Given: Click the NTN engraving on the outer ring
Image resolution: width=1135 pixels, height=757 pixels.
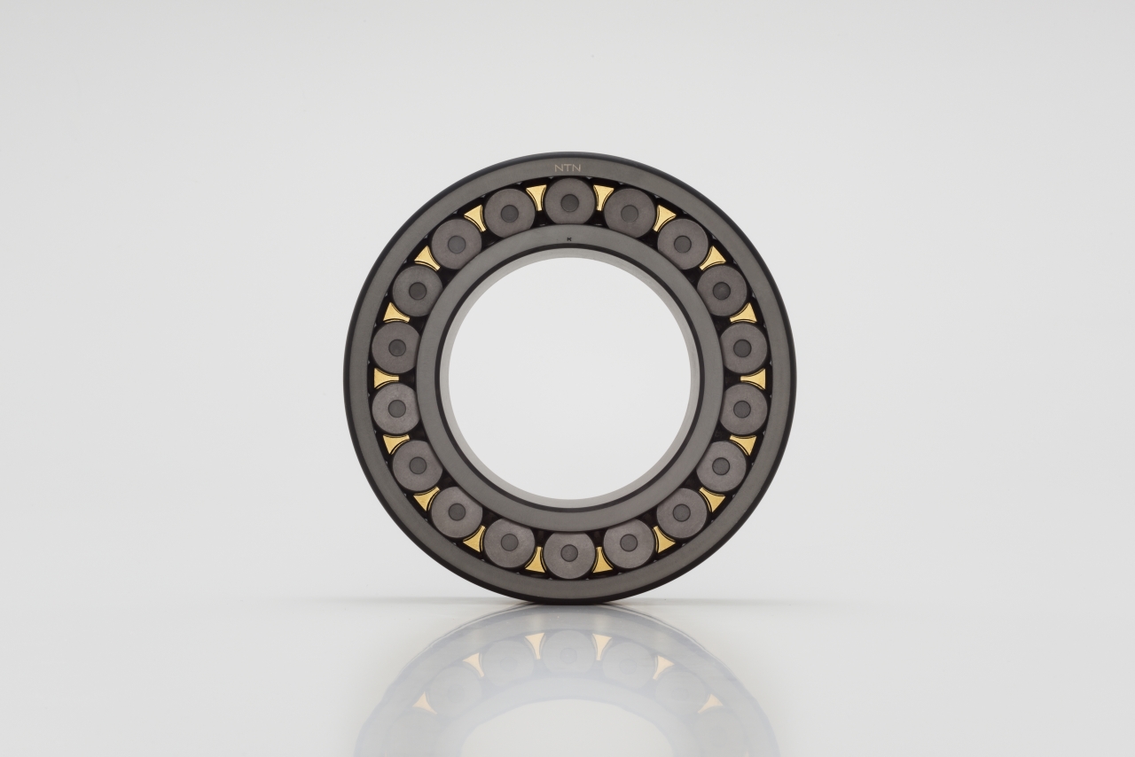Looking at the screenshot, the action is click(x=567, y=168).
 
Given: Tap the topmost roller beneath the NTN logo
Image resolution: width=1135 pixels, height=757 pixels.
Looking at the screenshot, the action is click(x=569, y=203).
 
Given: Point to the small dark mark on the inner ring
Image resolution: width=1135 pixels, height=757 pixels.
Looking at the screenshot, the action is click(x=568, y=238).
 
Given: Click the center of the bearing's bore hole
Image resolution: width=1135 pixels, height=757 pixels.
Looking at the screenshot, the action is click(x=569, y=378).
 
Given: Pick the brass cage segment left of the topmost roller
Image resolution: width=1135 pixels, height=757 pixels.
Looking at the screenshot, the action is click(x=536, y=197).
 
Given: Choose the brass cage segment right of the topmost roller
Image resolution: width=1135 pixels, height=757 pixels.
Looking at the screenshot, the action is click(x=603, y=198).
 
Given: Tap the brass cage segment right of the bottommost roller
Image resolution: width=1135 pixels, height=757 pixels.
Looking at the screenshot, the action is click(x=603, y=559).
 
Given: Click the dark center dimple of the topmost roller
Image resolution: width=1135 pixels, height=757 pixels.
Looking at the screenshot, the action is click(x=569, y=203).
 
